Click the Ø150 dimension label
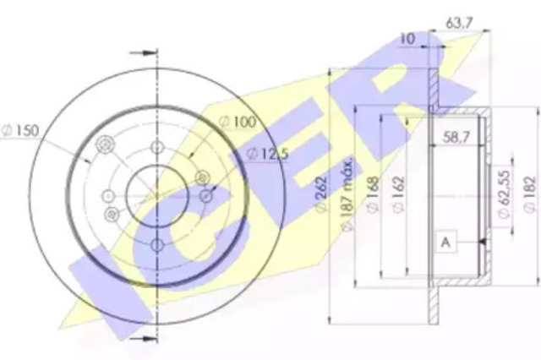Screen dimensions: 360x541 [x=18, y=132]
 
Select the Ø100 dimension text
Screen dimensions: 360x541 [x=239, y=123]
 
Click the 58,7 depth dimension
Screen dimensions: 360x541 [x=457, y=134]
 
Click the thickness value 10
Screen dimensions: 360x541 [x=407, y=37]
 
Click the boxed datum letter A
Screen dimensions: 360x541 [x=445, y=243]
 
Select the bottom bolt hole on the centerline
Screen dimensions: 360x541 [x=158, y=245]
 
